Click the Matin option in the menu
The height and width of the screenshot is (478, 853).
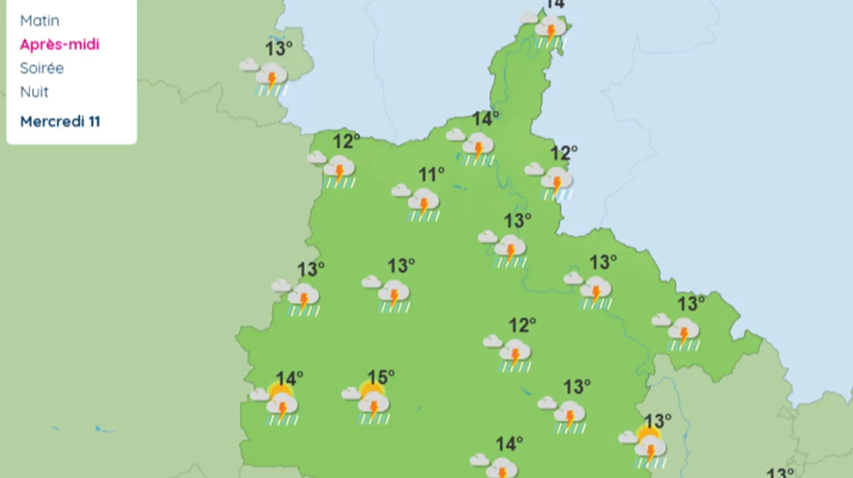click(40, 21)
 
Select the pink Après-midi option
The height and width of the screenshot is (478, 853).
click(60, 44)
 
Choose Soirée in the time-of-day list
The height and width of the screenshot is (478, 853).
click(42, 68)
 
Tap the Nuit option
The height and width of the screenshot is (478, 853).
click(34, 91)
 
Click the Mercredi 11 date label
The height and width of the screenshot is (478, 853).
click(60, 122)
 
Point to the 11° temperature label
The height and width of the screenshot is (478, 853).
click(432, 175)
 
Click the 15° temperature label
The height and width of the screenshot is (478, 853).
click(381, 378)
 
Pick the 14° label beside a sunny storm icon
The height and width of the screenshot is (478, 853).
click(289, 379)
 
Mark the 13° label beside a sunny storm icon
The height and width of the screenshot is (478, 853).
click(658, 421)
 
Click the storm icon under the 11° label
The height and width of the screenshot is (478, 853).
click(423, 204)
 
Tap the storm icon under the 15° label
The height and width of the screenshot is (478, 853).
click(373, 405)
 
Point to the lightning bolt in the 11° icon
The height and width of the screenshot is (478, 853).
click(423, 205)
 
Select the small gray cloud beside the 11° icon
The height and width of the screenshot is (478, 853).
click(401, 191)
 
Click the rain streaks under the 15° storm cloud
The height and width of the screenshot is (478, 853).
click(374, 419)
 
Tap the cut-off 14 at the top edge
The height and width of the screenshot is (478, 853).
click(554, 5)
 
